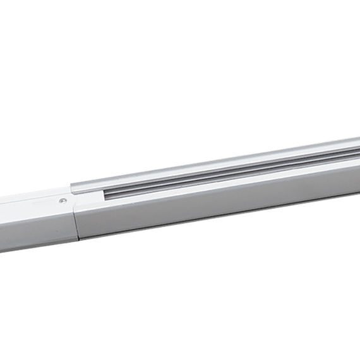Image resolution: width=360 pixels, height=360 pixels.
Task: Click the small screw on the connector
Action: (x=62, y=201)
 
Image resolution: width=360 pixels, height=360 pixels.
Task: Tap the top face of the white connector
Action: (x=32, y=200)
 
